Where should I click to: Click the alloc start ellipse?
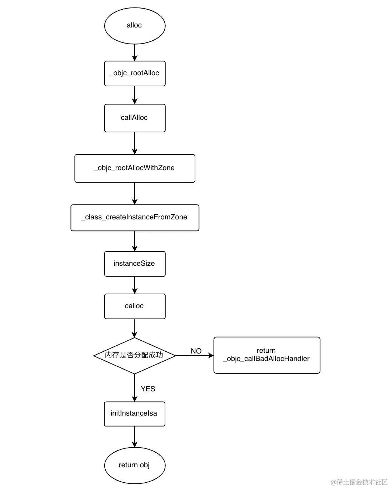click(135, 26)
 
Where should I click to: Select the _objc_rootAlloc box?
click(135, 73)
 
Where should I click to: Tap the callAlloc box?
click(135, 118)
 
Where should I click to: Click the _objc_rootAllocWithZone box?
click(135, 168)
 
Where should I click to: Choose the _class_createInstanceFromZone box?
click(135, 218)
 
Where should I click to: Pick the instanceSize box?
click(135, 264)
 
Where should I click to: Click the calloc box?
click(135, 306)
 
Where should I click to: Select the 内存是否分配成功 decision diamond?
click(135, 355)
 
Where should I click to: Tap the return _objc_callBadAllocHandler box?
click(266, 355)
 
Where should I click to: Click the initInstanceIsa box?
click(134, 413)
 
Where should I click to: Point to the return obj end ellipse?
click(135, 465)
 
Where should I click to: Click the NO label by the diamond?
click(196, 351)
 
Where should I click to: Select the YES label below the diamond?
click(148, 389)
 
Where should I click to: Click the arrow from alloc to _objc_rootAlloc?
click(135, 52)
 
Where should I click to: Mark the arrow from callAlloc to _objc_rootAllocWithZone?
click(135, 143)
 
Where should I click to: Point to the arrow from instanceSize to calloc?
click(135, 285)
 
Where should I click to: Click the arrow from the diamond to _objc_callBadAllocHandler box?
click(195, 356)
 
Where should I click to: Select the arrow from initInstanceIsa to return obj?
click(135, 437)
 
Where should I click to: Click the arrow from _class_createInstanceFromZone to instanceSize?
click(135, 241)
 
